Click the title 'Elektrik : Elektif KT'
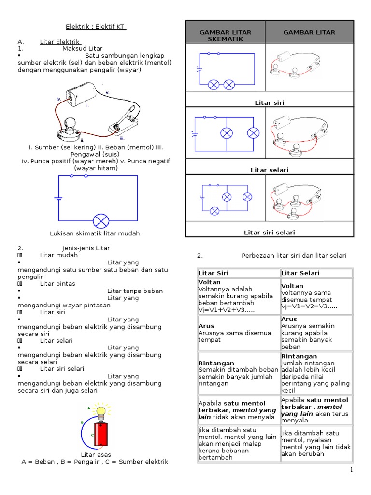click(x=96, y=27)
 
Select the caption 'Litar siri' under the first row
click(x=270, y=103)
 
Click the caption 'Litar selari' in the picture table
click(x=270, y=170)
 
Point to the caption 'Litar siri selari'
click(x=270, y=233)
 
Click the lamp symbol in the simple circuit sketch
click(x=101, y=221)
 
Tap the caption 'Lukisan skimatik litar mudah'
click(x=95, y=233)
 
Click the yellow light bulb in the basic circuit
click(x=101, y=411)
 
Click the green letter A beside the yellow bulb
click(x=88, y=408)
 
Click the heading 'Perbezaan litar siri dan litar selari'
click(x=294, y=255)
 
